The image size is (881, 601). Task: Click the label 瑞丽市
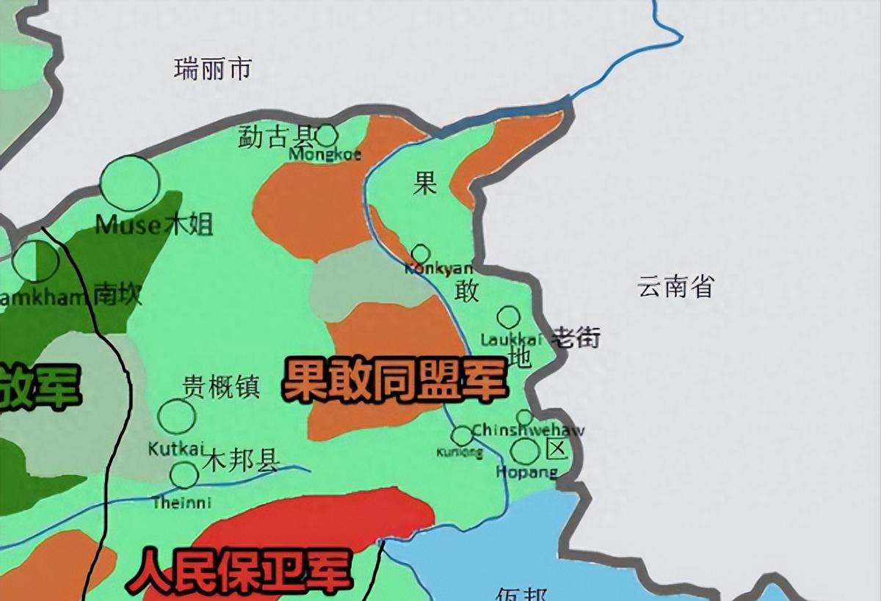pos(213,70)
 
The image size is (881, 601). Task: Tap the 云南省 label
pos(675,286)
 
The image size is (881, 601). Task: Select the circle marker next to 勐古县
pos(326,135)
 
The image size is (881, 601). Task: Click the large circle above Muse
pos(130,183)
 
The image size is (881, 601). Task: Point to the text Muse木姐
pos(154,225)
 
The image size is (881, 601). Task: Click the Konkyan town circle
pos(421,254)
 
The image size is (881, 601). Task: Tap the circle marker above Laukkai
pos(508,317)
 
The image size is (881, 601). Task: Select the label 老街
pos(576,338)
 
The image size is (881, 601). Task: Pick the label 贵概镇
pos(221,387)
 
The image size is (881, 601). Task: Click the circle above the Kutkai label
pos(176,416)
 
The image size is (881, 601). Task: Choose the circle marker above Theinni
pos(184,475)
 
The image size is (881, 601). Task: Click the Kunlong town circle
pos(462,436)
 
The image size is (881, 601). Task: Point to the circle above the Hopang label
pos(525,451)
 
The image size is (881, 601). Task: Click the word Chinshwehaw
pos(528,430)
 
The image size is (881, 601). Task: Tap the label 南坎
pos(117,295)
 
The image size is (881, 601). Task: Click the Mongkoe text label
pos(325,155)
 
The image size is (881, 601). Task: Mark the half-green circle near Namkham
pos(35,261)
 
